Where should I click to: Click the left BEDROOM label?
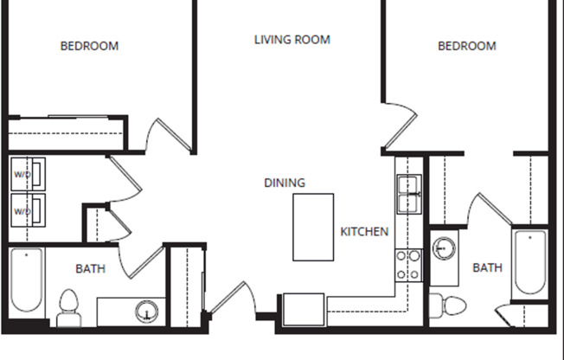(89, 46)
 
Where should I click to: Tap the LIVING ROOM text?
(292, 40)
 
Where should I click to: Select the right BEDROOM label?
(467, 46)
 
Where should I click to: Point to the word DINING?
(285, 183)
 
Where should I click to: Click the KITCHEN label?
(364, 232)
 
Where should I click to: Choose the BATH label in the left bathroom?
(90, 269)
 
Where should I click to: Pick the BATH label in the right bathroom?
(487, 268)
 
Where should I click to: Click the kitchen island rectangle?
(313, 227)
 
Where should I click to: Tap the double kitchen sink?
(407, 194)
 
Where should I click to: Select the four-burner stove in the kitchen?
(407, 265)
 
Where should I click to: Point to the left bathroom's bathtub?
(25, 281)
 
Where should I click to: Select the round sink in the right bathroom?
(445, 249)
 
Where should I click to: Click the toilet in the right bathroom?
(448, 305)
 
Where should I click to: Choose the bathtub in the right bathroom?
(529, 262)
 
